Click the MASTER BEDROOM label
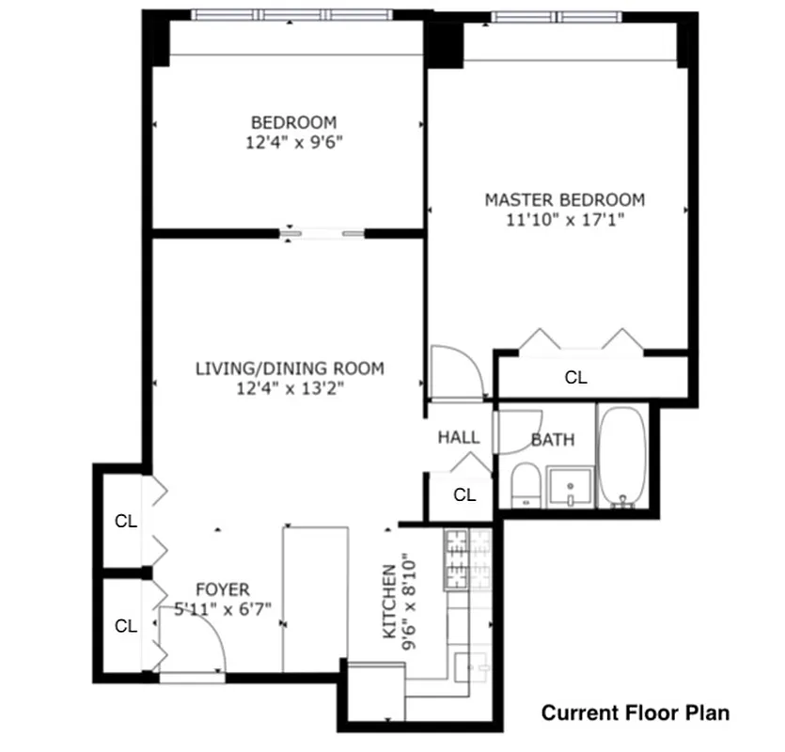[564, 199]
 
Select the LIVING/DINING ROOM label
[290, 368]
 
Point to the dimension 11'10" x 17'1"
[565, 220]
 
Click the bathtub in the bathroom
[622, 457]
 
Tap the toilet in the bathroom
[525, 486]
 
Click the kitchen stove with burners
[456, 558]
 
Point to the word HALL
[459, 437]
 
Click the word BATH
[553, 439]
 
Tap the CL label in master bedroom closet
[575, 378]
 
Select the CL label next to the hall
[464, 495]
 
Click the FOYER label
[223, 590]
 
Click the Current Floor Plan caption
[635, 713]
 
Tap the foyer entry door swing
[193, 649]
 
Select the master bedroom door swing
[455, 373]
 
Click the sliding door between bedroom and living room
[324, 233]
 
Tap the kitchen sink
[467, 666]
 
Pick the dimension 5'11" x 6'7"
[224, 609]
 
